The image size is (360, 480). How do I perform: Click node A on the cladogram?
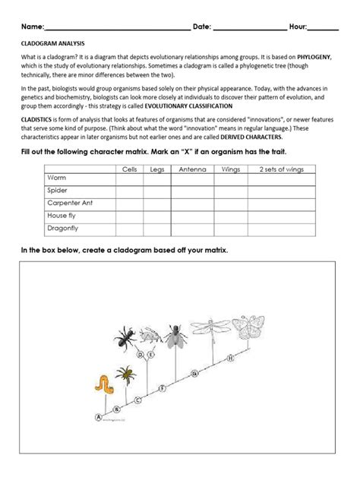(97, 417)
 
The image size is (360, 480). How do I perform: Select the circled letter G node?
(195, 372)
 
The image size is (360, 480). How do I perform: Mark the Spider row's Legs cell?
(157, 190)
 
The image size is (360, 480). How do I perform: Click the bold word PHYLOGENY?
(317, 66)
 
